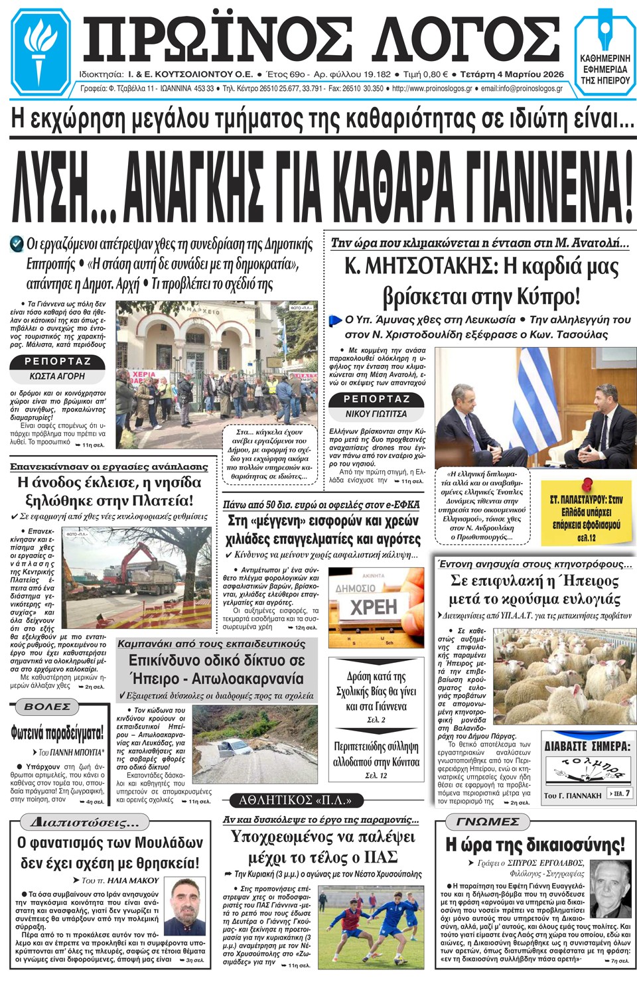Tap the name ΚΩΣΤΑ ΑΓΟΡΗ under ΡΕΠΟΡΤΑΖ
(x=57, y=376)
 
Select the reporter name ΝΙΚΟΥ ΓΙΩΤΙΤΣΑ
(x=376, y=413)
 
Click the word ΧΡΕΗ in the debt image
(x=374, y=606)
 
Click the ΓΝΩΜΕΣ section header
(x=488, y=821)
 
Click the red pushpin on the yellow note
(x=587, y=486)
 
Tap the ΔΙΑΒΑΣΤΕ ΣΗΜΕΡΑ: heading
(x=587, y=746)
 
